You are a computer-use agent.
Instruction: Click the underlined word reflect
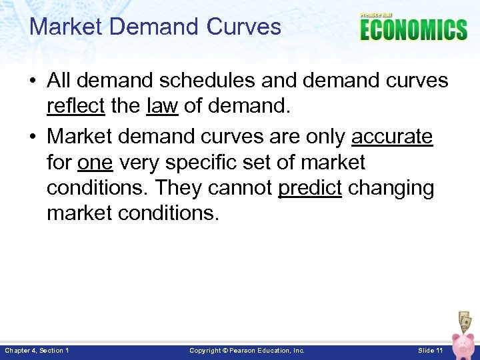tap(75, 106)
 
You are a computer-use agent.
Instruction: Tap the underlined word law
tap(161, 106)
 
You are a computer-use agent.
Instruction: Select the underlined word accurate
tap(392, 137)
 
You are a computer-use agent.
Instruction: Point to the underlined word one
tap(95, 162)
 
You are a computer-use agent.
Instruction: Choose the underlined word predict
tap(309, 188)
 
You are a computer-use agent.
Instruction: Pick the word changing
tap(391, 188)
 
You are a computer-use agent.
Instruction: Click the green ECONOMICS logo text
tap(413, 30)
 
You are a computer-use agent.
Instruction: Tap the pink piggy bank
tap(462, 343)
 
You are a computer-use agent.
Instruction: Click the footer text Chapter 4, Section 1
tap(37, 350)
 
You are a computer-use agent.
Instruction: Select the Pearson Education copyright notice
tap(247, 350)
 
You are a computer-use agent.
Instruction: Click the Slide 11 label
tap(430, 350)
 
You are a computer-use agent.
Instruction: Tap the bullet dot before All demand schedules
tap(32, 81)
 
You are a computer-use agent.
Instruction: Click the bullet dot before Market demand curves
tap(32, 137)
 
